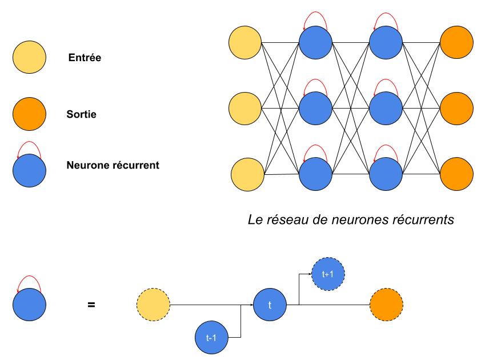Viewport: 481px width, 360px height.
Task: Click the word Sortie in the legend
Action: [x=81, y=114]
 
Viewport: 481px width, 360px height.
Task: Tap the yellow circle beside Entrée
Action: [x=29, y=58]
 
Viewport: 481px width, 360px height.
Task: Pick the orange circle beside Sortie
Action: [x=29, y=114]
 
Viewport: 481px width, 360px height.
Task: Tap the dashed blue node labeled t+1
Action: [x=328, y=274]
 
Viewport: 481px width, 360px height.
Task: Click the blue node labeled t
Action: [x=270, y=305]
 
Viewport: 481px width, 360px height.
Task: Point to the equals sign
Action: [x=91, y=305]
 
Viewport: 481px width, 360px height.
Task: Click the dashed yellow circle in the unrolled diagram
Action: [x=154, y=305]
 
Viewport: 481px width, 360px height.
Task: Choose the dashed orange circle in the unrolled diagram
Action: [x=386, y=305]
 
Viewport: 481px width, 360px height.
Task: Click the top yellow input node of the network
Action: [x=244, y=42]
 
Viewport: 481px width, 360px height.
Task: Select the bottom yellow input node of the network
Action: [x=247, y=173]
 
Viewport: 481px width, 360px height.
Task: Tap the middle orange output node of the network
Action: [x=456, y=107]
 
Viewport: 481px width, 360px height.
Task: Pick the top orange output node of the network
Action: [x=456, y=42]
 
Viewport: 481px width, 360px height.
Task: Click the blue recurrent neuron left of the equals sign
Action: [x=29, y=305]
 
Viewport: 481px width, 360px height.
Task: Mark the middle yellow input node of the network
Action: [x=244, y=107]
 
